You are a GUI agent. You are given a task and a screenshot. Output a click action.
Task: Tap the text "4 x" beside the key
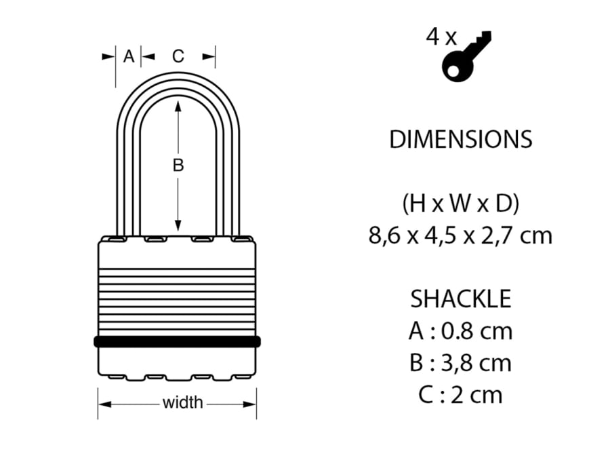click(441, 37)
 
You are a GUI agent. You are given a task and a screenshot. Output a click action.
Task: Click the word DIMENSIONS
click(460, 139)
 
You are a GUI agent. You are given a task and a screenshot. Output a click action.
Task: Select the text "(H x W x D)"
click(460, 203)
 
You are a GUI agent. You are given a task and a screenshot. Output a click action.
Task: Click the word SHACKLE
click(460, 299)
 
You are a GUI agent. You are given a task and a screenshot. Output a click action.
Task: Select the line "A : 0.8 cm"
click(460, 331)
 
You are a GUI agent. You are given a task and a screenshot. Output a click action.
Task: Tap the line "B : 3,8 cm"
click(460, 363)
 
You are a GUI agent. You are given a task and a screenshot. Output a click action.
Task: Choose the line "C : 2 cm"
click(460, 395)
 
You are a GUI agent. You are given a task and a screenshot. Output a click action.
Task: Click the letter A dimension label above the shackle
click(129, 57)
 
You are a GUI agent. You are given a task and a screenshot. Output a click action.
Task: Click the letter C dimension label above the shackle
click(178, 57)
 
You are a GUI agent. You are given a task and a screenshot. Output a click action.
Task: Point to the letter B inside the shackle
click(178, 165)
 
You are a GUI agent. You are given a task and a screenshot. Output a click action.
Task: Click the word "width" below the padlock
click(182, 403)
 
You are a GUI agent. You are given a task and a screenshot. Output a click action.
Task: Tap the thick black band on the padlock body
click(178, 341)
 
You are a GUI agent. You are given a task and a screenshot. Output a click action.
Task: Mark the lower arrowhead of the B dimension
click(178, 225)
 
